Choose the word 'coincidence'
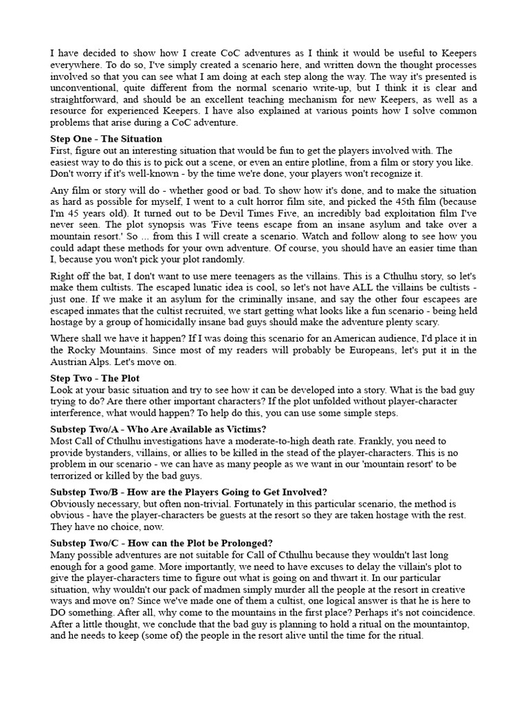tap(434, 609)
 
